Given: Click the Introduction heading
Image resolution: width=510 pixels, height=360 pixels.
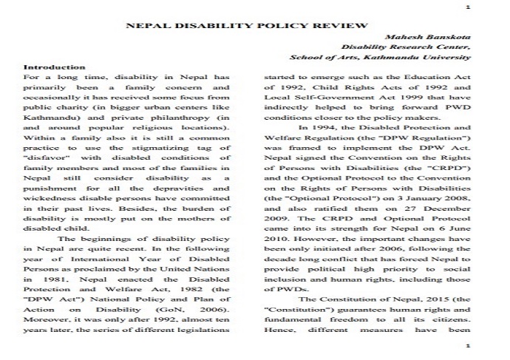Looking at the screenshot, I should (54, 67).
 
